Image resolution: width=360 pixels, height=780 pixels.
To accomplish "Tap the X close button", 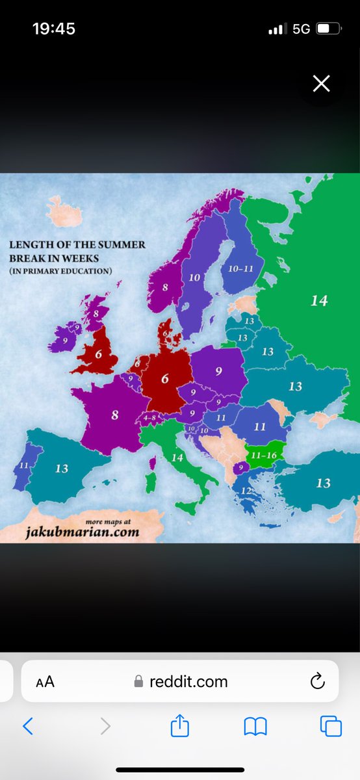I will pyautogui.click(x=321, y=83).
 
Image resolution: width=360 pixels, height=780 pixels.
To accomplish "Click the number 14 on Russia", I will pyautogui.click(x=319, y=301).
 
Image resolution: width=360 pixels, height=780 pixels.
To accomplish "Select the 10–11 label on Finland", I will pyautogui.click(x=241, y=268).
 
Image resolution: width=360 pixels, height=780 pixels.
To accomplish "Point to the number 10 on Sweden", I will pyautogui.click(x=194, y=278).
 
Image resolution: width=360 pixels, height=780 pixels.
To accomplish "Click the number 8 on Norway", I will pyautogui.click(x=165, y=287).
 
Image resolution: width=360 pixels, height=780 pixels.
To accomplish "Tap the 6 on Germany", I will pyautogui.click(x=165, y=378).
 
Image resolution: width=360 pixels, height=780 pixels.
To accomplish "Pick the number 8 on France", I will pyautogui.click(x=115, y=415).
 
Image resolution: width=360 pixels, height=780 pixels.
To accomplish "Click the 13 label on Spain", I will pyautogui.click(x=62, y=469).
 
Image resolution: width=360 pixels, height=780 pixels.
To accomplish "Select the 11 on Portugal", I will pyautogui.click(x=24, y=466).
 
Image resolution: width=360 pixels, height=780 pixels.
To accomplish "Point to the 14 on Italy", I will pyautogui.click(x=177, y=458).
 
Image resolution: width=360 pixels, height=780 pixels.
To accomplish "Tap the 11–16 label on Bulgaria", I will pyautogui.click(x=263, y=456).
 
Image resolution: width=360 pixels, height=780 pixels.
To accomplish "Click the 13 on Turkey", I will pyautogui.click(x=323, y=483).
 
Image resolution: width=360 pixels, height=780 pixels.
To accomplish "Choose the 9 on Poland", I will pyautogui.click(x=219, y=371).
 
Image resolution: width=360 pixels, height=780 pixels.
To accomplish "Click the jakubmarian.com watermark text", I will pyautogui.click(x=83, y=533).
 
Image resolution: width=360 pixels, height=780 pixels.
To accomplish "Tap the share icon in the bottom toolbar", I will pyautogui.click(x=179, y=726).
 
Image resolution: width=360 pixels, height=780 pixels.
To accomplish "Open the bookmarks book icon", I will pyautogui.click(x=255, y=726).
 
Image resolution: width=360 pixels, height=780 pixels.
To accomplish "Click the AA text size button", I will pyautogui.click(x=45, y=682).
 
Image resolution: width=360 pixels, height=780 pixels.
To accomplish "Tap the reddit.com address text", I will pyautogui.click(x=188, y=682).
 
